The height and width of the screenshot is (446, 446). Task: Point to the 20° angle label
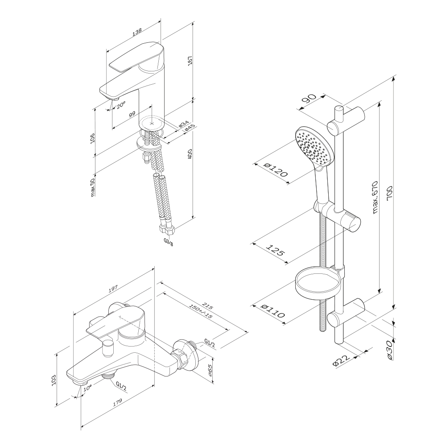[120, 106]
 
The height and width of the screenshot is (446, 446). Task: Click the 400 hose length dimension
[190, 154]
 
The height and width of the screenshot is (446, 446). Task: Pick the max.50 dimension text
[93, 187]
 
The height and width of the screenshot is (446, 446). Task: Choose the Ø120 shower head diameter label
[275, 170]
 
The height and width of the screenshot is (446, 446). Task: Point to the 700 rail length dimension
[391, 197]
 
